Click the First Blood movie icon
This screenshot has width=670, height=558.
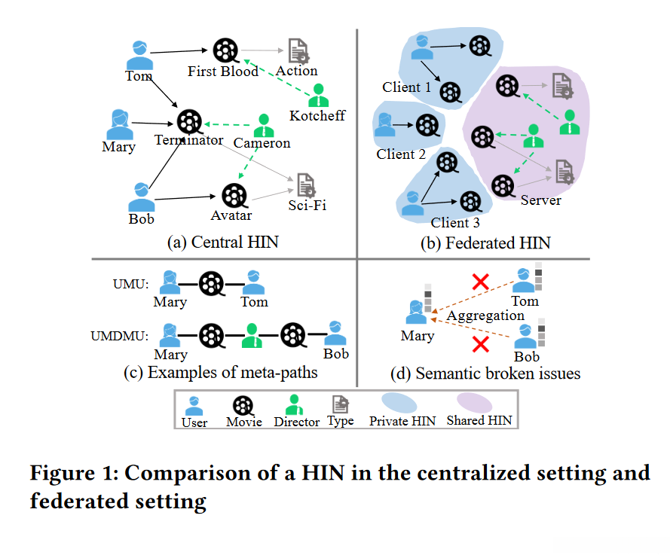coord(225,50)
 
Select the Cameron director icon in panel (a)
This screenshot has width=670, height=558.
coord(264,125)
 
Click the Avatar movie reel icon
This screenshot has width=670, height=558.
coord(234,196)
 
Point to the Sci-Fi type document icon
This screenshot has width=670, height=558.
coord(306,184)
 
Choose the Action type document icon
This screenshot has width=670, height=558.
coord(298,50)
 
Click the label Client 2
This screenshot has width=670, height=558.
coord(401,154)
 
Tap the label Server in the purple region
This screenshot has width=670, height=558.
coord(541,200)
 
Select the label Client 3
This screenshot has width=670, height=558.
coord(455,222)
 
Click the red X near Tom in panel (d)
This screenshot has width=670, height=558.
coord(480,282)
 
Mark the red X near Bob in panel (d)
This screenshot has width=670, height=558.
coord(481,344)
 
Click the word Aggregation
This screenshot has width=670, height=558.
coord(485,316)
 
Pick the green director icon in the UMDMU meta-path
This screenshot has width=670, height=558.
coord(252,335)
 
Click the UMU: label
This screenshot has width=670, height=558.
coord(130,284)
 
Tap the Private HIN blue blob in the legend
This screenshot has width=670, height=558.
coord(399,404)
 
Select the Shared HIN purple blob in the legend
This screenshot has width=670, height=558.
coord(475,403)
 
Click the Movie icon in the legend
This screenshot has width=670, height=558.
coord(243,406)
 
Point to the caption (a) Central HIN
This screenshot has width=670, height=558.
coord(222,242)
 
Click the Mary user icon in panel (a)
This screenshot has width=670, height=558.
coord(120,124)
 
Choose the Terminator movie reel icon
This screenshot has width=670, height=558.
coord(189,122)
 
